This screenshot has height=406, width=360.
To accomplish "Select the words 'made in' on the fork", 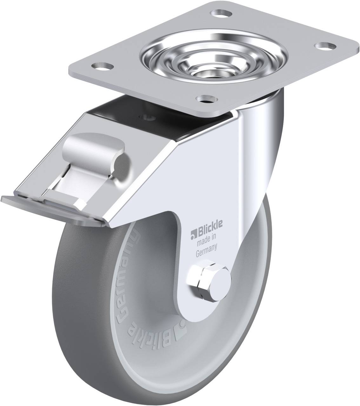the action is [206, 240].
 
